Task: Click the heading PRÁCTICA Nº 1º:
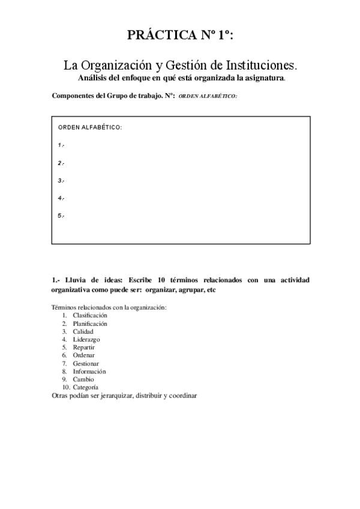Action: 180,36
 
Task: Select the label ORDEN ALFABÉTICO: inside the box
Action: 90,128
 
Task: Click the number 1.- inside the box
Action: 61,145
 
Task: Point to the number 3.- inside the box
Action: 61,180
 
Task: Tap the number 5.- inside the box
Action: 61,215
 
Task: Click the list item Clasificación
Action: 90,315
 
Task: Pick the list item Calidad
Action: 83,331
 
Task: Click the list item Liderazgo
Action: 86,339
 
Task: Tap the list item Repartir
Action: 83,348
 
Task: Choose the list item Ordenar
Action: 83,355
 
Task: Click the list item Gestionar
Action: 86,363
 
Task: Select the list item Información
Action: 89,372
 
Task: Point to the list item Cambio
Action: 83,379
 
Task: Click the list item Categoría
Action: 86,387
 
